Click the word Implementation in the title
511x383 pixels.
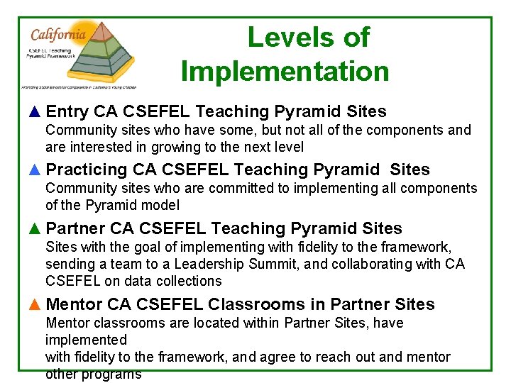tap(285, 72)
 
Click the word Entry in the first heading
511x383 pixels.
tap(67, 112)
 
